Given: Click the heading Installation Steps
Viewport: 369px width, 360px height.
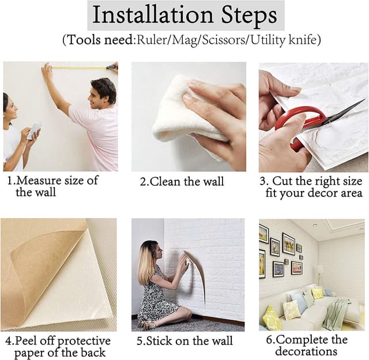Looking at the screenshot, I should click(184, 16).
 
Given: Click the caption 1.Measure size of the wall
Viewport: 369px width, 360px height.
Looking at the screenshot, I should click(52, 186).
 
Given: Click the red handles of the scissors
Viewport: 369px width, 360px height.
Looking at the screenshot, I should click(299, 123).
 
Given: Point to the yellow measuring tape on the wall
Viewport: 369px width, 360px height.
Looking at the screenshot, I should click(84, 68).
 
